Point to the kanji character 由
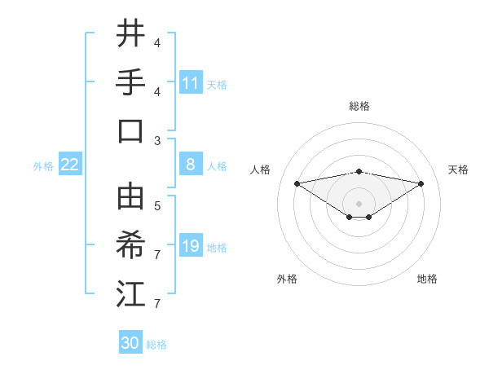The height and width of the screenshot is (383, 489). tap(130, 196)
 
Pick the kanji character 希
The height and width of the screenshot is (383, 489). tap(130, 244)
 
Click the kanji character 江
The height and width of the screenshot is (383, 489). tap(130, 293)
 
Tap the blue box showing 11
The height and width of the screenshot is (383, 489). tap(191, 82)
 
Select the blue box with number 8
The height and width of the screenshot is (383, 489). tap(191, 165)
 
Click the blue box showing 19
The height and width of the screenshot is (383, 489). tap(191, 246)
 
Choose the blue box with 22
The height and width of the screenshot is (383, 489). tap(69, 165)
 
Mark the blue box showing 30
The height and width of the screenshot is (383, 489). tap(130, 343)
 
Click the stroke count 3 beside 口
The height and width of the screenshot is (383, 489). tap(157, 140)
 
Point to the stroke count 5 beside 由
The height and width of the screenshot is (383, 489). tap(157, 205)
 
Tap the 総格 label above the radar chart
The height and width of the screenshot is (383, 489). tap(359, 106)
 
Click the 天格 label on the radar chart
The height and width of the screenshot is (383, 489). tap(458, 169)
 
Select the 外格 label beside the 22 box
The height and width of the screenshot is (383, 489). tap(43, 165)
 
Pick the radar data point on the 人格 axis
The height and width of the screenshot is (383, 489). tap(297, 183)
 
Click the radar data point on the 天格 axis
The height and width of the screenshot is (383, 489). tap(421, 183)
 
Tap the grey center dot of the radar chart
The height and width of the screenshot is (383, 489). tap(359, 203)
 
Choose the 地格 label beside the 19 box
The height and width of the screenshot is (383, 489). tap(218, 247)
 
